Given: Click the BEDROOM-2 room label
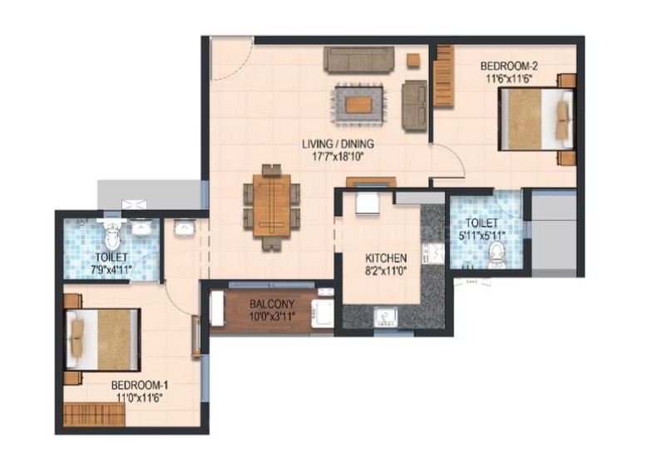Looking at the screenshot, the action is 509,66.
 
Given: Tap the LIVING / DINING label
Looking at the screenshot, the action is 338,144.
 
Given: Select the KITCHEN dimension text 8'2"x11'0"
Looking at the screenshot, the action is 386,271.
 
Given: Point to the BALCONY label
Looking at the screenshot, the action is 272,304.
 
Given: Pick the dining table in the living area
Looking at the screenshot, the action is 272,205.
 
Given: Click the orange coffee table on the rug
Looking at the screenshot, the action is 358,104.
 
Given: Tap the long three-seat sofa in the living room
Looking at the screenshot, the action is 358,60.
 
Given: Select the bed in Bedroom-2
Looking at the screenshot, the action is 537,119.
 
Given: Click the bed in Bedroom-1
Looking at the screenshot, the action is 102,340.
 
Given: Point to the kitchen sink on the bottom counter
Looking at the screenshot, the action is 386,317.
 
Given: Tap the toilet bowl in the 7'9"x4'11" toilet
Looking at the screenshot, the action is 112,236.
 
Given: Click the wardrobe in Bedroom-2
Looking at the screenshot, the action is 444,76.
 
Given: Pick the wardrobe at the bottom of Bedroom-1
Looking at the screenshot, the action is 95,415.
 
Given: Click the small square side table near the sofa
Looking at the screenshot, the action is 413,60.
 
